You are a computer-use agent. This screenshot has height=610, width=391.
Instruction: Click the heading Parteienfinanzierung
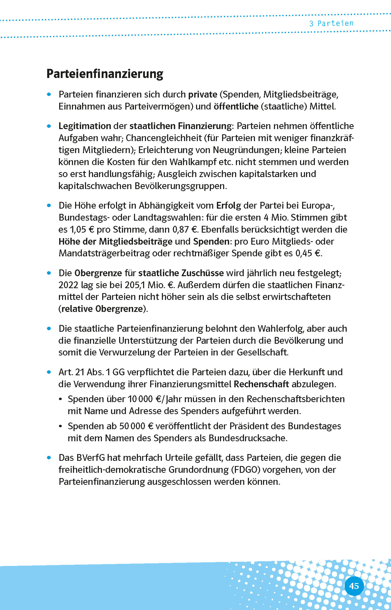click(105, 74)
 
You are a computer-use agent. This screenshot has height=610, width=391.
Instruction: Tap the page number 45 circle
click(354, 586)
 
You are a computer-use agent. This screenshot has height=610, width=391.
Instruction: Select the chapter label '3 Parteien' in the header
click(331, 23)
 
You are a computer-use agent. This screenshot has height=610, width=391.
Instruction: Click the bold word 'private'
click(203, 94)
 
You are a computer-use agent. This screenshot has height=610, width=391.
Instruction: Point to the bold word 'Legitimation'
click(85, 126)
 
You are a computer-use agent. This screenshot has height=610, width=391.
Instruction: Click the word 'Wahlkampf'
click(193, 162)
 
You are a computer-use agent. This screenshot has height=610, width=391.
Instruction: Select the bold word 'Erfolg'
click(229, 206)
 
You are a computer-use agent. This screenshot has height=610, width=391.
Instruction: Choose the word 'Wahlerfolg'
click(281, 329)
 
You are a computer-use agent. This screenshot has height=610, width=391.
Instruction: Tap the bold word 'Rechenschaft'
click(261, 384)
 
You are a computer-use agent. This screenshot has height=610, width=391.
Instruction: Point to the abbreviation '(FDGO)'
click(245, 470)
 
